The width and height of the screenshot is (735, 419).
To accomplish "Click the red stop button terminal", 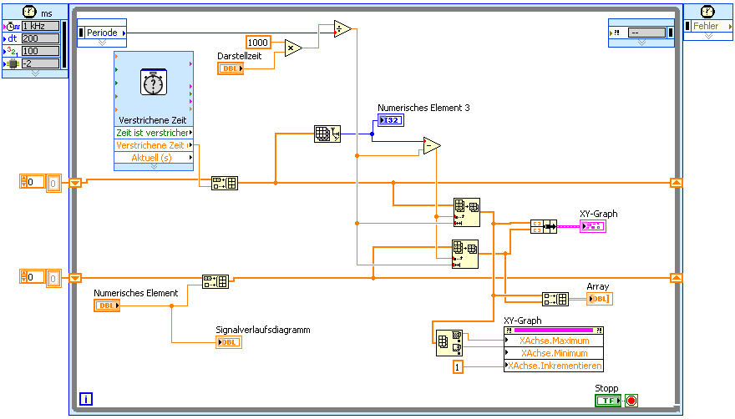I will click(x=631, y=401).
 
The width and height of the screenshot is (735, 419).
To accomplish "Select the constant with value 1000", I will click(x=259, y=42).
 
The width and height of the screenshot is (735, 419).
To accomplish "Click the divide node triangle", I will click(x=342, y=29).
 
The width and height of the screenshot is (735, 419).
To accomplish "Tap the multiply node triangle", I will click(x=293, y=48).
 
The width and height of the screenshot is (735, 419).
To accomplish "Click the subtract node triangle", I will click(x=431, y=146).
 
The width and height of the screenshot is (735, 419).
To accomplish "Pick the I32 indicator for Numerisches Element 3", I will click(x=391, y=121).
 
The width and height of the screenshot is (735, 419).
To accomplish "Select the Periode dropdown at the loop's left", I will click(x=102, y=33).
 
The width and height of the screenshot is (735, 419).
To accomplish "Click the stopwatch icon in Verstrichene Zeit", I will click(x=153, y=83).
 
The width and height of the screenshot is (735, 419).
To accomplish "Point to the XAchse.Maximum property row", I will click(x=553, y=341).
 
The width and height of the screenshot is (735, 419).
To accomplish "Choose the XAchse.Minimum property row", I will click(x=553, y=353).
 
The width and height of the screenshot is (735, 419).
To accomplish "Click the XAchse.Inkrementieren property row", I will click(x=553, y=366).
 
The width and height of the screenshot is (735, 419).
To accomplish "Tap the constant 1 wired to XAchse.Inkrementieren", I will click(x=458, y=366).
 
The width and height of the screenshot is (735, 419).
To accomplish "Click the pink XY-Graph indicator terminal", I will click(x=593, y=226).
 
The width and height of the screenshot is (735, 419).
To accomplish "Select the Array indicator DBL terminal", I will click(x=599, y=299).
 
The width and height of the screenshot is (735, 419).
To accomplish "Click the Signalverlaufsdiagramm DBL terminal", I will click(x=228, y=342).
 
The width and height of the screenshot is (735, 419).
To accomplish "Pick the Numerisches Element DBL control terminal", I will click(x=107, y=305).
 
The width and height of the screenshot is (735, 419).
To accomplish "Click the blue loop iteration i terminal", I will click(x=86, y=399).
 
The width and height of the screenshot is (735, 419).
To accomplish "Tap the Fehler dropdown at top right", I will click(x=707, y=27).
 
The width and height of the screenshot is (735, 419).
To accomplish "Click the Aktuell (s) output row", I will click(x=153, y=158).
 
